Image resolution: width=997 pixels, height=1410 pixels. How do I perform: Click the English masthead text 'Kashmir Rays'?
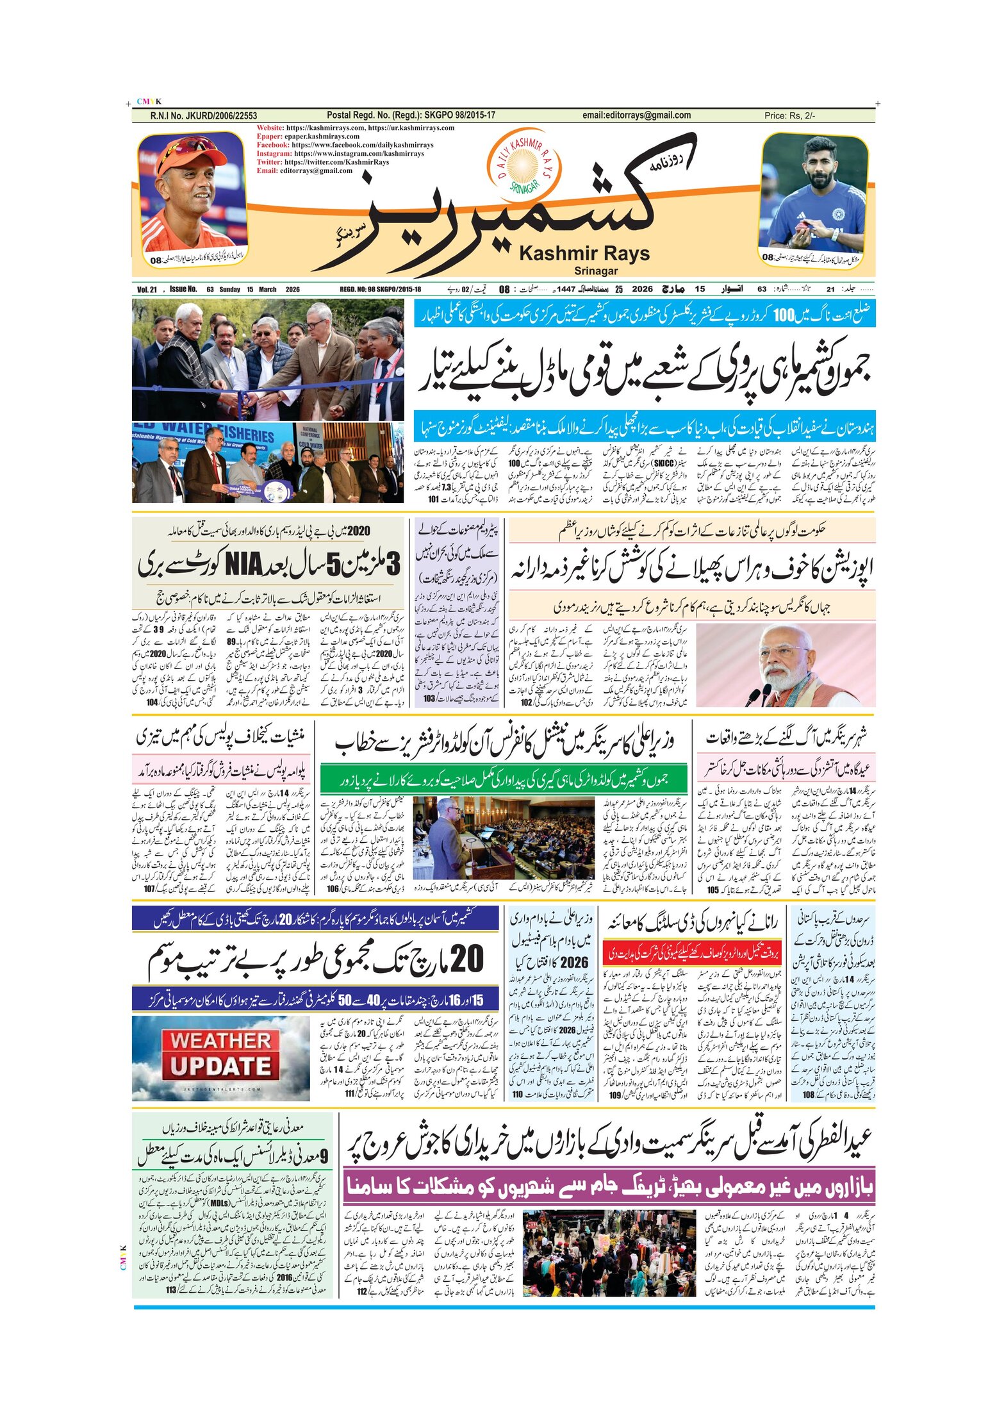pos(584,254)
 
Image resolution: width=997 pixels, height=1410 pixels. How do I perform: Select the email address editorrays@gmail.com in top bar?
pos(636,115)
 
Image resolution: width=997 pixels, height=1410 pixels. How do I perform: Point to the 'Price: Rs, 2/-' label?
pos(789,116)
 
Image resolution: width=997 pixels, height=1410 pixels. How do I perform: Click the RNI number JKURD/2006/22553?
pos(204,116)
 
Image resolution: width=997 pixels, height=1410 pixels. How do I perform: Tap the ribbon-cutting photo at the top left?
pos(268,359)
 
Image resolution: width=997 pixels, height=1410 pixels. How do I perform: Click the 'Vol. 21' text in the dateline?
pos(147,290)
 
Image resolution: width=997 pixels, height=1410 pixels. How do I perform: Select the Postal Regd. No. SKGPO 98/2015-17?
pos(411,115)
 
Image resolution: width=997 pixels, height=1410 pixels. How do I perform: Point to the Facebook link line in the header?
pos(345,145)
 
